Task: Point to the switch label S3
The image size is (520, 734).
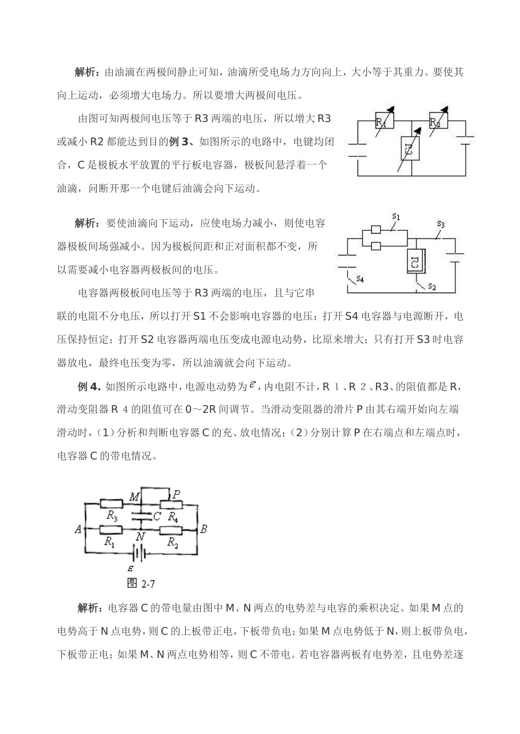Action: [x=441, y=224]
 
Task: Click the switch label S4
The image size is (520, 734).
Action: [x=360, y=279]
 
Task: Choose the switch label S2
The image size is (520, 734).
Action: [x=432, y=286]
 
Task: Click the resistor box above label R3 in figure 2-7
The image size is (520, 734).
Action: [x=112, y=504]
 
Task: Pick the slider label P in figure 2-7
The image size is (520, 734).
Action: [x=176, y=494]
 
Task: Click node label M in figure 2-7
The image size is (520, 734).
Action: [x=134, y=497]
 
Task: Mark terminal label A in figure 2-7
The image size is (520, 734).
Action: [x=78, y=529]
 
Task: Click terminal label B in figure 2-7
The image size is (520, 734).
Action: [x=204, y=529]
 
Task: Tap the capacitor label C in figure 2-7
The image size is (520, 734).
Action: [x=157, y=516]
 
